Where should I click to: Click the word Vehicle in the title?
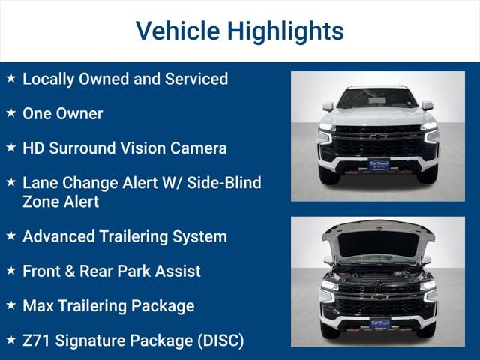(x=177, y=31)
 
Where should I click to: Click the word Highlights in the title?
(x=285, y=31)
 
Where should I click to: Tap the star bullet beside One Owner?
(x=10, y=113)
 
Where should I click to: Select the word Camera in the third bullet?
(x=198, y=148)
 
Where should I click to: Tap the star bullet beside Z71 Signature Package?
(x=10, y=340)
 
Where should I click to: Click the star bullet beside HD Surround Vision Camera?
(x=10, y=148)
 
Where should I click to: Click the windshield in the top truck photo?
(x=377, y=98)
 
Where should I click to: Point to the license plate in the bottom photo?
(x=379, y=323)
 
